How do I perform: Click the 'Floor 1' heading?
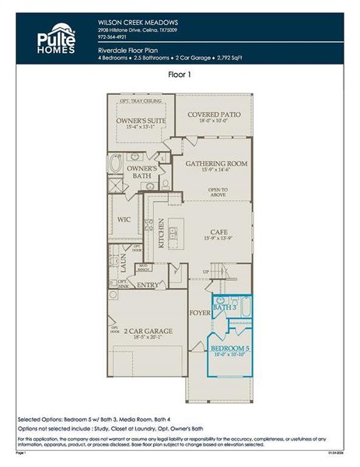180,75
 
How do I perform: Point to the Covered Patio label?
214,114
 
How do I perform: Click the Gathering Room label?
216,164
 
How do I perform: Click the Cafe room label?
217,231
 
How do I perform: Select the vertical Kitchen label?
161,232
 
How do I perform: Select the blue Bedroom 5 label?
229,348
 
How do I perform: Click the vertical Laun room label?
122,263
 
